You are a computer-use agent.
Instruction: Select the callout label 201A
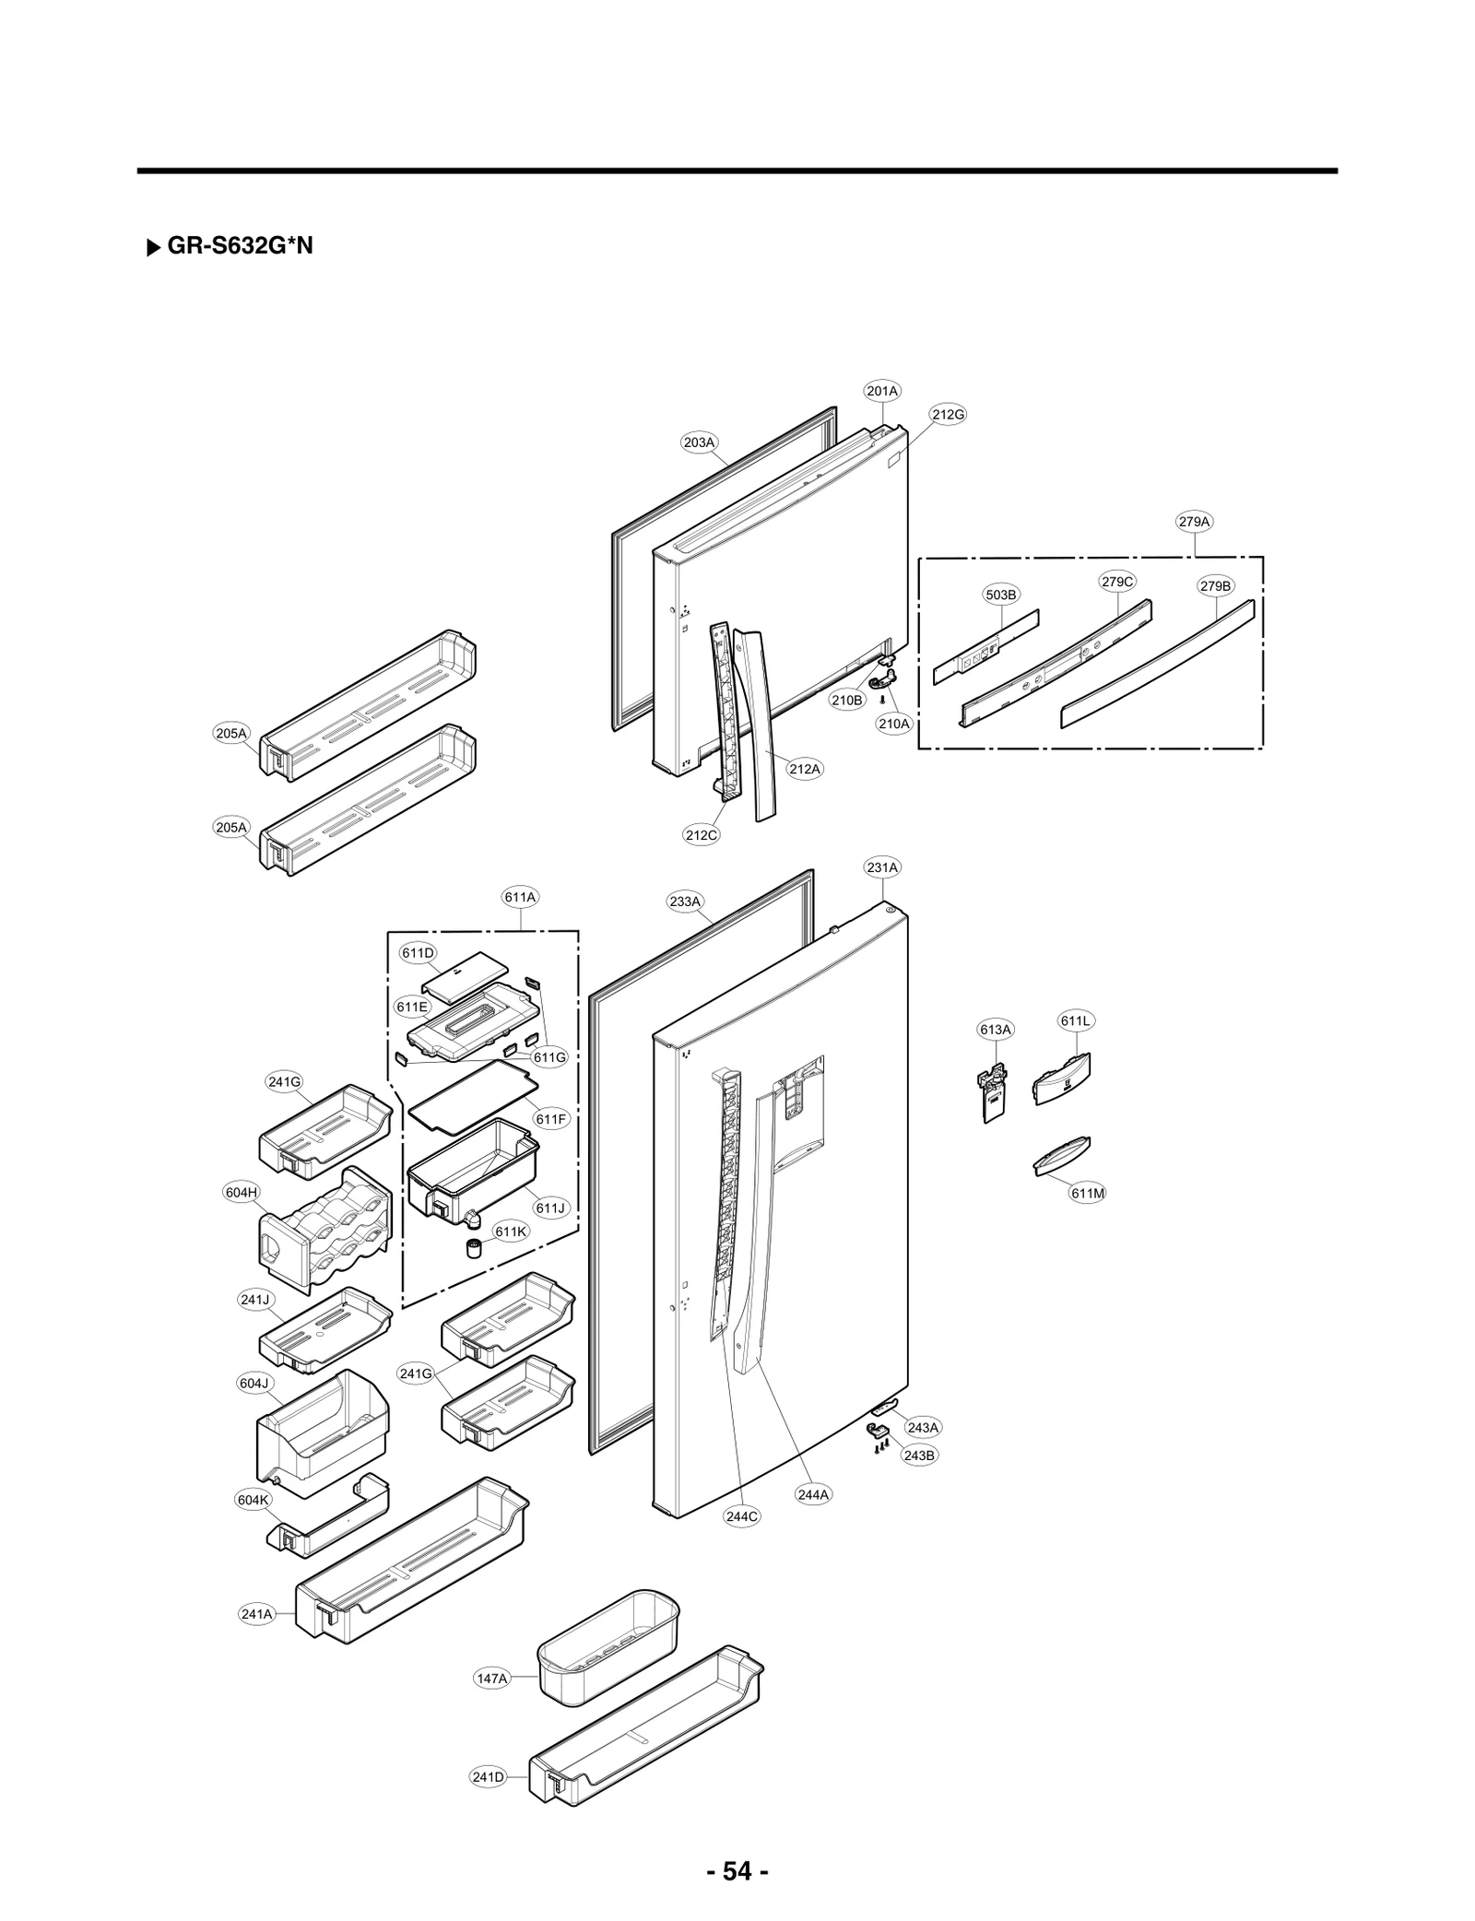[x=882, y=391]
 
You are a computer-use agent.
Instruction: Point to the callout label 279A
[x=1194, y=522]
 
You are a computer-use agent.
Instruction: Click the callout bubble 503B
[x=1000, y=595]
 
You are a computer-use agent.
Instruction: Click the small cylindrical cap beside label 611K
[x=475, y=1249]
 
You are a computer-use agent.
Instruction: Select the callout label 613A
[x=995, y=1030]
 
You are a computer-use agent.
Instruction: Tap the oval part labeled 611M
[x=1061, y=1157]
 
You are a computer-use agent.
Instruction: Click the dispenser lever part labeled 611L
[x=1062, y=1080]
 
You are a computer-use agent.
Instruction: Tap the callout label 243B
[x=919, y=1455]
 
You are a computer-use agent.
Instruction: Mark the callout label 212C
[x=701, y=835]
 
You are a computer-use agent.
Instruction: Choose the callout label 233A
[x=685, y=902]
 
